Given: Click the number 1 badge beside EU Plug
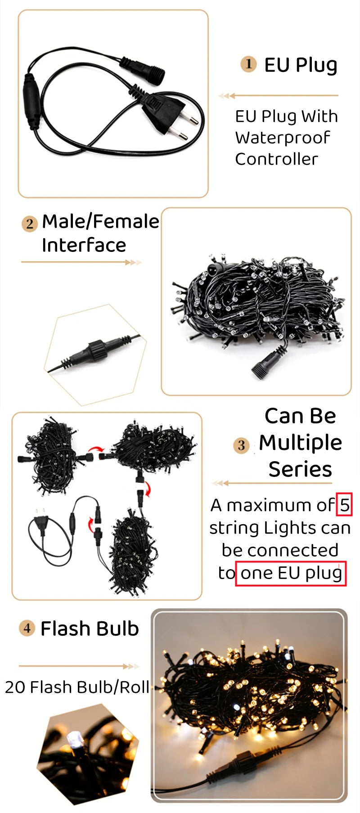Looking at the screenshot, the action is pyautogui.click(x=248, y=64).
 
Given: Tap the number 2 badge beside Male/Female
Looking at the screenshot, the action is pyautogui.click(x=30, y=224).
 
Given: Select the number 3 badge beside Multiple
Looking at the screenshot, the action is pyautogui.click(x=241, y=445).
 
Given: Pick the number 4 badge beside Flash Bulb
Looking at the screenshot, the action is pyautogui.click(x=27, y=628).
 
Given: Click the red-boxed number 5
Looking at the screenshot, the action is pyautogui.click(x=344, y=505).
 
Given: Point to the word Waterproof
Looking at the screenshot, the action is pyautogui.click(x=283, y=138).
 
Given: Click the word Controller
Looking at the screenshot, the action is pyautogui.click(x=276, y=159).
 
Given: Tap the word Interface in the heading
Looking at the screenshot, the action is pyautogui.click(x=84, y=245).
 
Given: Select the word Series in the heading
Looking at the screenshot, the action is pyautogui.click(x=300, y=469).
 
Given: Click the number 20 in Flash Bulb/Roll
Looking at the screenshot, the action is pyautogui.click(x=16, y=687).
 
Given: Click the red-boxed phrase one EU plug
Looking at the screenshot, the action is pyautogui.click(x=291, y=573).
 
